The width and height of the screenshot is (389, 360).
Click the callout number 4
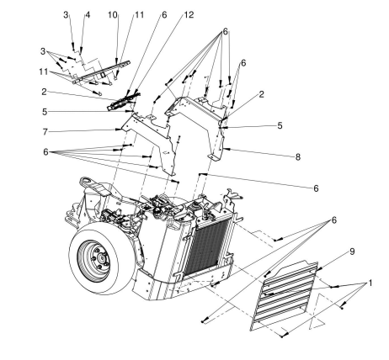[88, 14]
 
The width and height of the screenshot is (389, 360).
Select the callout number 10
[113, 14]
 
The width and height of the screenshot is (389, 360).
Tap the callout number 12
[189, 14]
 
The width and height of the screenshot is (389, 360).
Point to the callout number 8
[298, 157]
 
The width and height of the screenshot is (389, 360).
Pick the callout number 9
[352, 251]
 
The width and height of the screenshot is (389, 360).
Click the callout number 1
[370, 283]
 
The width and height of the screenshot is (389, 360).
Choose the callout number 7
[45, 132]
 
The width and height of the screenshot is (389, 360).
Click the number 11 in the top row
[139, 14]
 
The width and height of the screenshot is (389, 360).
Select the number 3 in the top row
[66, 14]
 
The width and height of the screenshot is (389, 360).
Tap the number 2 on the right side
[261, 94]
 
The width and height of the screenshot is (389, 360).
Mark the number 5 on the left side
[45, 112]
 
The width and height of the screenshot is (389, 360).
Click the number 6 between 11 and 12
[164, 14]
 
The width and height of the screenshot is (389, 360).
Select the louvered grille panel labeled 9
[285, 294]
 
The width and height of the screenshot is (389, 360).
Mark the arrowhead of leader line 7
[120, 130]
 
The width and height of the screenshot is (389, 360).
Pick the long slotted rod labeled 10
[102, 71]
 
